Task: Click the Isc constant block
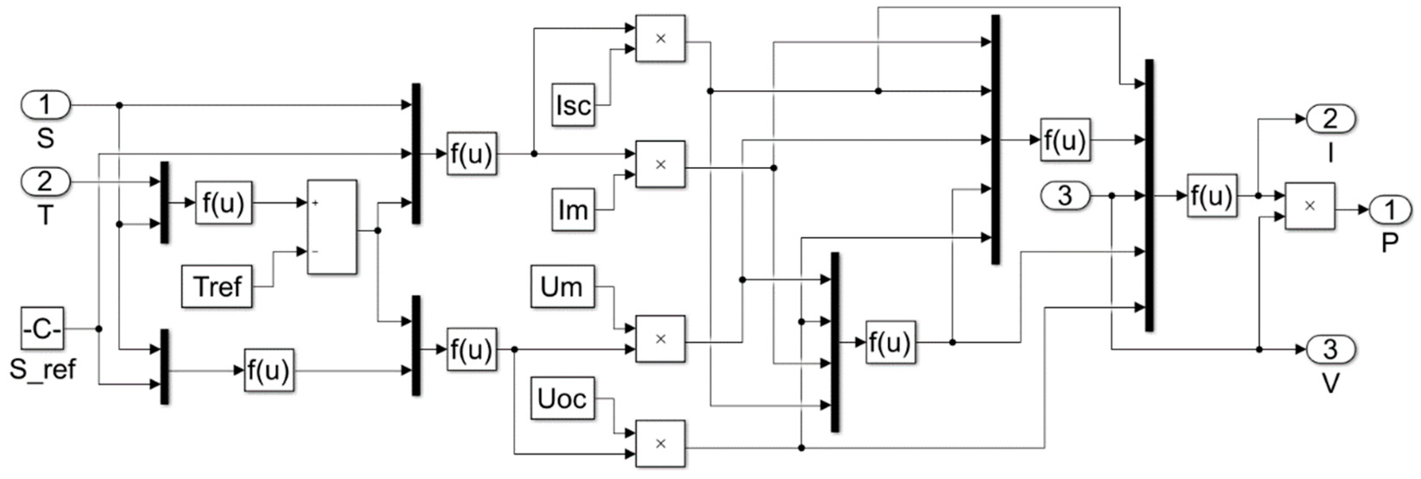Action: pyautogui.click(x=573, y=105)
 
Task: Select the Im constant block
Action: pyautogui.click(x=573, y=210)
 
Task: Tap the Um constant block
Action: pyautogui.click(x=562, y=287)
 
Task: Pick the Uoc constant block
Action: pyautogui.click(x=562, y=398)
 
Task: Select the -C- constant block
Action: pyautogui.click(x=42, y=329)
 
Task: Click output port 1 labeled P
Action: pyautogui.click(x=1390, y=210)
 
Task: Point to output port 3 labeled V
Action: pyautogui.click(x=1330, y=349)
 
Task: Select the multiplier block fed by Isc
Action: pyautogui.click(x=660, y=38)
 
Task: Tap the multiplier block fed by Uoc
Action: pyautogui.click(x=660, y=443)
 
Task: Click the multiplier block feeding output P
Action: pyautogui.click(x=1310, y=206)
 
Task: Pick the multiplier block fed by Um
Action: pyautogui.click(x=660, y=339)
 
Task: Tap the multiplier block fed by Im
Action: pyautogui.click(x=660, y=164)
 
